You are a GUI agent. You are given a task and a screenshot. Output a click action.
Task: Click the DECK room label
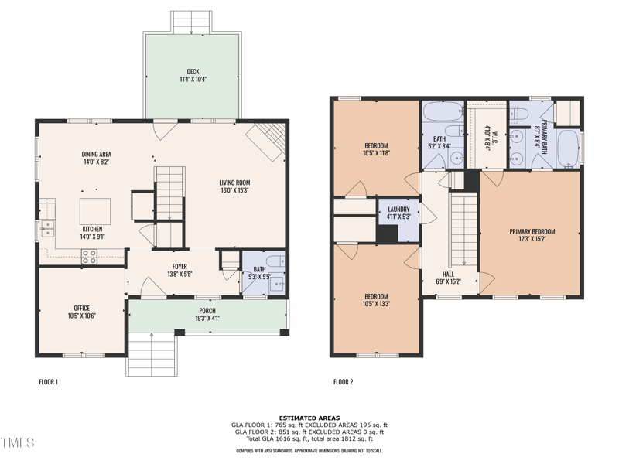pos(193,71)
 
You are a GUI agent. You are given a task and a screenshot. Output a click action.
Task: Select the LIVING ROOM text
pos(234,183)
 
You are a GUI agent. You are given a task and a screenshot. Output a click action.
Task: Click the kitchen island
pos(95,211)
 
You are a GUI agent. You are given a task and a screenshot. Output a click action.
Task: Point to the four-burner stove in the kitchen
pos(90,255)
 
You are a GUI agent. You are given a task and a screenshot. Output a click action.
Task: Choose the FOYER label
pos(180,266)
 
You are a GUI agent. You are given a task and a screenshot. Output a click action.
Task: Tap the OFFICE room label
pos(81,309)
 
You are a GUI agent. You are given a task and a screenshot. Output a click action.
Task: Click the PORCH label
pos(207,311)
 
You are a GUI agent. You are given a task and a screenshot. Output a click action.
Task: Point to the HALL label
pos(448,274)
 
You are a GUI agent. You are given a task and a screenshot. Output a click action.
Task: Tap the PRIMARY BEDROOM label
pos(532,231)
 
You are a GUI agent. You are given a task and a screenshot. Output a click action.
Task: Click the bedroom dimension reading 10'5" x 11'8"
pos(376,154)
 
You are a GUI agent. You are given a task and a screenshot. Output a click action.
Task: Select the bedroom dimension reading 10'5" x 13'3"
pos(376,304)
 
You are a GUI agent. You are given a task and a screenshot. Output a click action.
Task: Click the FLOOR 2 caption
pos(343,381)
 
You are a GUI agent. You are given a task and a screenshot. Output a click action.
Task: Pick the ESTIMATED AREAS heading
pos(309,418)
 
